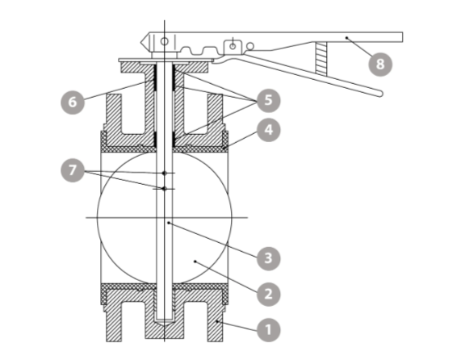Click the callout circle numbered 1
(268, 329)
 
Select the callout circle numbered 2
(268, 294)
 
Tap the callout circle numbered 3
(268, 258)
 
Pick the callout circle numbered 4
(268, 130)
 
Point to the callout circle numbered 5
(268, 101)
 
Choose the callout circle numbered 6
(73, 103)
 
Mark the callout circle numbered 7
(73, 170)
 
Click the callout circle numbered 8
(380, 65)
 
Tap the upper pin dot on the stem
(165, 174)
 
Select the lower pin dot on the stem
(165, 189)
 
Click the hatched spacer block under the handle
(321, 58)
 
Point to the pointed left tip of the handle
(140, 42)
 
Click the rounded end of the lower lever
(380, 94)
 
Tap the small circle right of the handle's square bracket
(250, 46)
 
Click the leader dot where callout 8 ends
(346, 38)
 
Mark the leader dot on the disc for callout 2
(195, 262)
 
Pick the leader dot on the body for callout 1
(216, 321)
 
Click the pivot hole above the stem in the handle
(165, 41)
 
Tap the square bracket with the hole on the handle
(233, 48)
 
